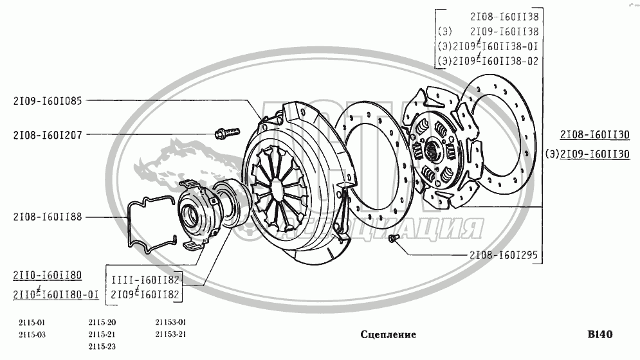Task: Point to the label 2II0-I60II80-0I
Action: point(56,294)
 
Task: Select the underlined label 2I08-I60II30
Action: point(594,135)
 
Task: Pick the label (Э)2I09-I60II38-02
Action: point(488,61)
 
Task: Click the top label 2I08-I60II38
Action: point(504,16)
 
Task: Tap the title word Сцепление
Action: point(388,334)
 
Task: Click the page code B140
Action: point(599,334)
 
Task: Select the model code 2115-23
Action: point(102,346)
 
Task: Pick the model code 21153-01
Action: point(170,322)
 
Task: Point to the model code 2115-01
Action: point(32,322)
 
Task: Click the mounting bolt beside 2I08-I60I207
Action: point(226,134)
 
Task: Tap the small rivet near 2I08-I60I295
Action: point(394,239)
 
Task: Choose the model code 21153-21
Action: point(170,334)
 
